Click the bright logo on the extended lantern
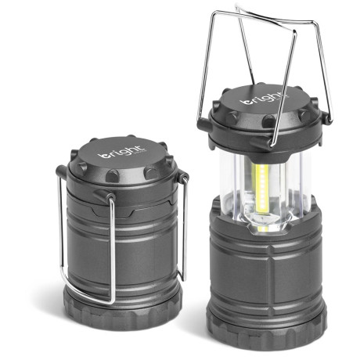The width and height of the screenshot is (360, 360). (x=262, y=101)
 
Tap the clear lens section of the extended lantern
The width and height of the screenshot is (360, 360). (x=235, y=188)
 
